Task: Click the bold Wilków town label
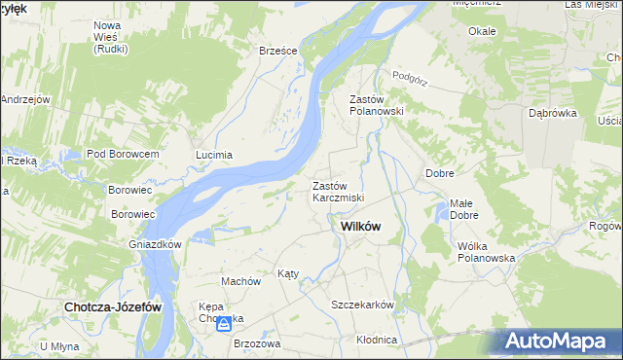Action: pyautogui.click(x=360, y=227)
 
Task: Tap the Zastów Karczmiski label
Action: pyautogui.click(x=338, y=192)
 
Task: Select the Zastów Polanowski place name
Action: pyautogui.click(x=376, y=105)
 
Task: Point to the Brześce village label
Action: pyautogui.click(x=277, y=52)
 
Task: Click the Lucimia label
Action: pyautogui.click(x=214, y=155)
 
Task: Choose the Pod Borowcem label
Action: pyautogui.click(x=123, y=155)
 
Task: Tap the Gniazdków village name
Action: pyautogui.click(x=156, y=244)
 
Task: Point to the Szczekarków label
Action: pyautogui.click(x=362, y=305)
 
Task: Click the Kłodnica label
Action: pyautogui.click(x=377, y=340)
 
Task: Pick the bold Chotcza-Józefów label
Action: pyautogui.click(x=112, y=306)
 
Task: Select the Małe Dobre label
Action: pyautogui.click(x=463, y=209)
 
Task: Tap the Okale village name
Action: pyautogui.click(x=482, y=31)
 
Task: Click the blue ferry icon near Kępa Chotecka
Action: pyautogui.click(x=224, y=323)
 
